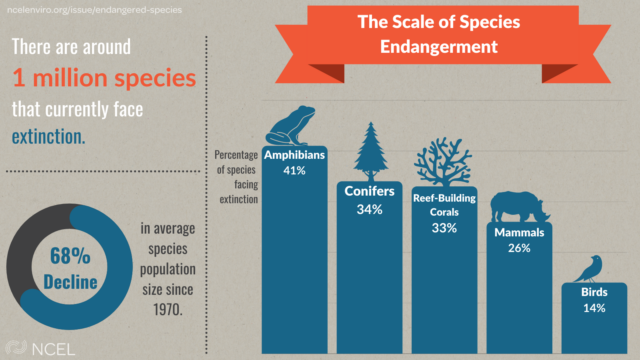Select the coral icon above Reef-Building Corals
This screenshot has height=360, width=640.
point(444,159)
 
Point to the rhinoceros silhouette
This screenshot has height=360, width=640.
point(520,206)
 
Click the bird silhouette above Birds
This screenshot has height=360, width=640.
point(591,267)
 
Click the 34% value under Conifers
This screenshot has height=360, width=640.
point(369,210)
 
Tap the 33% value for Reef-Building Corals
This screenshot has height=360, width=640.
point(444,228)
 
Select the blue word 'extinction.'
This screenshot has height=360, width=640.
point(49,135)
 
